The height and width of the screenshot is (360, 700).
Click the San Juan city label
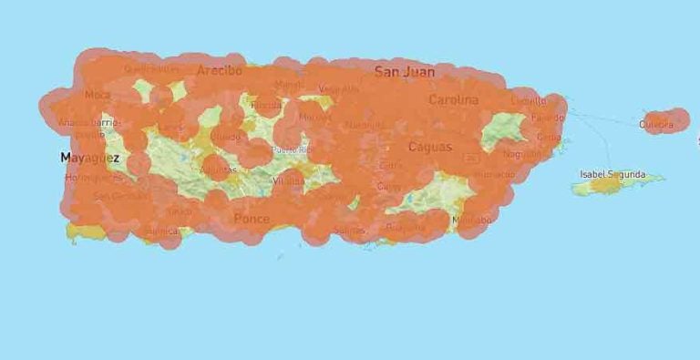coord(404,71)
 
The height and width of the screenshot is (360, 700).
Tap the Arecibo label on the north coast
coord(220,69)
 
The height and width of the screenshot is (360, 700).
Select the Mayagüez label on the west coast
coord(89,158)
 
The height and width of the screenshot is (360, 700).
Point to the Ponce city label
coord(252,219)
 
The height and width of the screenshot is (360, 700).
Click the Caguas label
coord(429,146)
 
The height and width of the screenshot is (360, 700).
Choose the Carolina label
coord(453,99)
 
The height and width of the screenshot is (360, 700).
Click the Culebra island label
coord(656,123)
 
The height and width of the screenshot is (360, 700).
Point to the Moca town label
coord(98,94)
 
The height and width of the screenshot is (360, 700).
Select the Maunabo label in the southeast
coord(472,220)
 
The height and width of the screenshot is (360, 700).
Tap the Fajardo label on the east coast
coord(548,118)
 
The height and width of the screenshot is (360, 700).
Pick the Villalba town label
coord(288,181)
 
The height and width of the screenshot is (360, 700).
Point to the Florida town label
coord(266,105)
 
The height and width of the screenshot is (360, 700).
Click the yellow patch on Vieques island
coord(605,185)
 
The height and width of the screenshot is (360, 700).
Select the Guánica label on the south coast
coord(161,231)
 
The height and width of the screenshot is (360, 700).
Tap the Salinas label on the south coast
coord(349,230)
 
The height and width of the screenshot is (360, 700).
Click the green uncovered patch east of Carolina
coord(504,129)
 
